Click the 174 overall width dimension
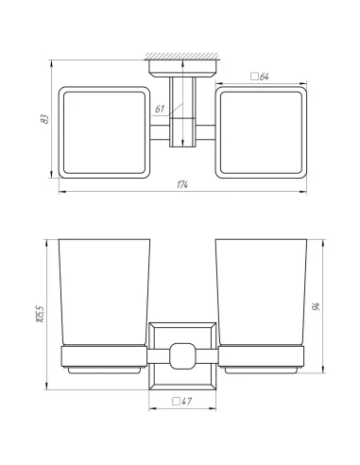tap(181, 183)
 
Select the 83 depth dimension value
tap(44, 120)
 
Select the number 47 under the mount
tap(187, 401)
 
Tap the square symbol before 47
tap(176, 401)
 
